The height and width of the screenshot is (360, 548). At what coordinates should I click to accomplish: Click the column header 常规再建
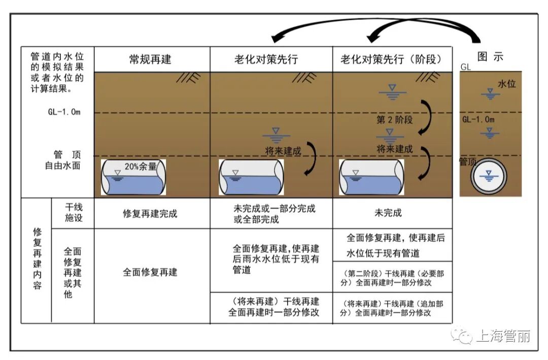[x=150, y=59]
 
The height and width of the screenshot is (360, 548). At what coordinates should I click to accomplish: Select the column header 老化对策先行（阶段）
[x=392, y=59]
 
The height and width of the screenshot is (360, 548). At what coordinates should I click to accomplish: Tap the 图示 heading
[x=490, y=57]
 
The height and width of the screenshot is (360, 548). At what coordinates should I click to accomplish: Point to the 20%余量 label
[x=141, y=166]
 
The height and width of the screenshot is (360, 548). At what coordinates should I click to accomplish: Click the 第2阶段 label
[x=395, y=120]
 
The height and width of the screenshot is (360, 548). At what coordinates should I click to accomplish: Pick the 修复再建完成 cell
[x=150, y=213]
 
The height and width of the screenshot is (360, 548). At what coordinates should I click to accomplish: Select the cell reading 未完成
[x=388, y=213]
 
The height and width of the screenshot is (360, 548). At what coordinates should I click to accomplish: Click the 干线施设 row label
[x=74, y=213]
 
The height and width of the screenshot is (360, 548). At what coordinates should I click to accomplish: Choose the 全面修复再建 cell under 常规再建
[x=150, y=272]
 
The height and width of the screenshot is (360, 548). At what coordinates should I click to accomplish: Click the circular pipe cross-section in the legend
[x=489, y=177]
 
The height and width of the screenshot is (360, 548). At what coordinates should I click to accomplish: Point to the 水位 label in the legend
[x=506, y=84]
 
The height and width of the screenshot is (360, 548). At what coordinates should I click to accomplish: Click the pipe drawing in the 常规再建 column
[x=133, y=177]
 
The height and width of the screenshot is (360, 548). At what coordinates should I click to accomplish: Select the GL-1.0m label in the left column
[x=64, y=112]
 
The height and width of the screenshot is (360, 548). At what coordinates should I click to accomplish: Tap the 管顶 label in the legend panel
[x=468, y=161]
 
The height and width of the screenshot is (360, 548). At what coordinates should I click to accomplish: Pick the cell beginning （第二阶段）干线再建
[x=392, y=278]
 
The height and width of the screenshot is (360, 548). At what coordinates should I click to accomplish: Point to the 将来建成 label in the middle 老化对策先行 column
[x=283, y=151]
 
